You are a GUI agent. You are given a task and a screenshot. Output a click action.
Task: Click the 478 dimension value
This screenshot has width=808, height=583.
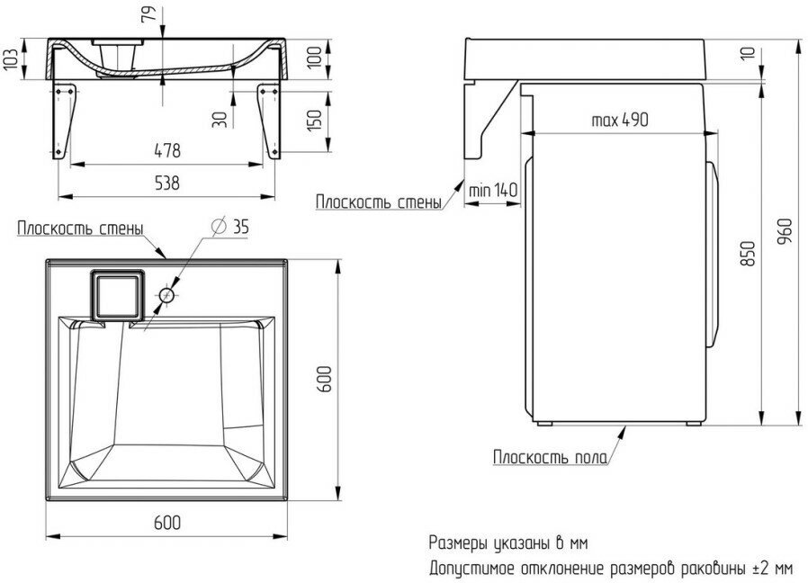[x=167, y=149]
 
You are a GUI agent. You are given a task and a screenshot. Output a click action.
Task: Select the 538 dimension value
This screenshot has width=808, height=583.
[x=167, y=183]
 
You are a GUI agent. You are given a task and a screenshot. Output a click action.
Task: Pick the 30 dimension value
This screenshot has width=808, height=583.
[x=219, y=119]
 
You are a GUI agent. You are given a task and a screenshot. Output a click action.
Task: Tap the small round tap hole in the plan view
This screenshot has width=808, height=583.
[x=166, y=294]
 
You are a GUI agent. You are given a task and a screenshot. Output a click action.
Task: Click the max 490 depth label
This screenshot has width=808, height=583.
[x=621, y=121]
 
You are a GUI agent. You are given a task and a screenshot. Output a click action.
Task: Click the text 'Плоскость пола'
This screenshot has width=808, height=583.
[x=549, y=457]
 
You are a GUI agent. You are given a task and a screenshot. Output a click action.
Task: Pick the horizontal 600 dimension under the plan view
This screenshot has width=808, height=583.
[x=167, y=522]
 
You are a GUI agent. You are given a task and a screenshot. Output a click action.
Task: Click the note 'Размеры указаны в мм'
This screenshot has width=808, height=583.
[x=508, y=543]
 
